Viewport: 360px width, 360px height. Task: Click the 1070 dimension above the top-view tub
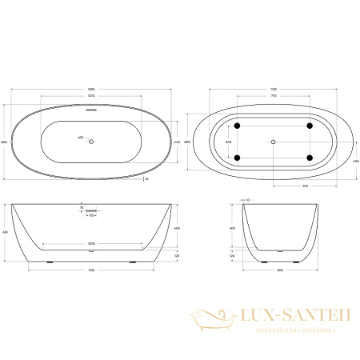tap(90, 95)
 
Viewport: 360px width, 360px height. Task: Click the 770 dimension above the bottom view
tap(273, 95)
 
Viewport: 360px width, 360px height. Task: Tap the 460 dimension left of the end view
tap(233, 229)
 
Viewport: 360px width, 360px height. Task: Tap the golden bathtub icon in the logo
tap(210, 324)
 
